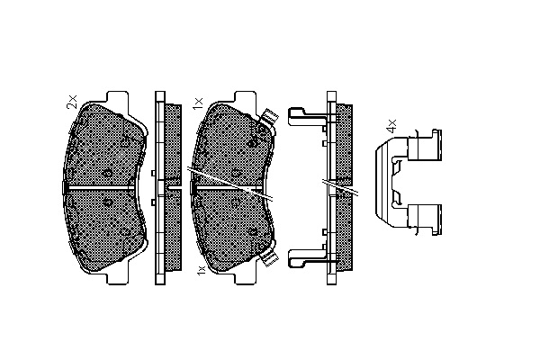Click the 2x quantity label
click(x=72, y=102)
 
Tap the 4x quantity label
click(x=391, y=126)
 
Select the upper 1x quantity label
click(x=198, y=103)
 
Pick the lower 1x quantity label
click(x=201, y=269)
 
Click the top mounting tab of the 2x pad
click(x=118, y=97)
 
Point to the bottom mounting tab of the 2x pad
click(x=118, y=279)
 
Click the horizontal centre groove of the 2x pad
click(x=101, y=188)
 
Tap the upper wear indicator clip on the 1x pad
click(x=268, y=118)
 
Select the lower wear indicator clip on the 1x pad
click(x=268, y=257)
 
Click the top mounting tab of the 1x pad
click(x=245, y=97)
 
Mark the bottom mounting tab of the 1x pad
click(x=245, y=279)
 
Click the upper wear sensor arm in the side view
click(x=307, y=116)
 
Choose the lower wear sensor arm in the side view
click(x=307, y=258)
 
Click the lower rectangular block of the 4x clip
click(x=424, y=220)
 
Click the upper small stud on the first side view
click(x=153, y=173)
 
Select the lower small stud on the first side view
click(x=153, y=202)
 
